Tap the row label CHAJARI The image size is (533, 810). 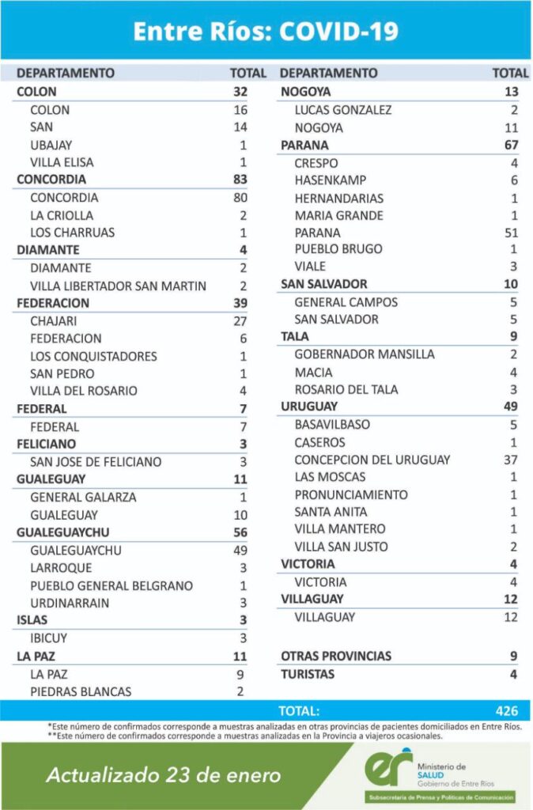click(x=55, y=320)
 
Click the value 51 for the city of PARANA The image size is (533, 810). click(x=510, y=233)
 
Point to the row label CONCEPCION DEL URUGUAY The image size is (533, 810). click(x=372, y=460)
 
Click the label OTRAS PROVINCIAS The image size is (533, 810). click(x=336, y=656)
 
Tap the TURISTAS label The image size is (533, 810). click(x=308, y=674)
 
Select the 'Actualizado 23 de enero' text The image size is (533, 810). click(x=164, y=775)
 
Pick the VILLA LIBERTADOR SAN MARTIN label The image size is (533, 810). click(x=116, y=286)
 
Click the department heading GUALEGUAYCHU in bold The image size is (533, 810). click(x=62, y=532)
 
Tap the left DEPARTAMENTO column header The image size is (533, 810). click(x=66, y=73)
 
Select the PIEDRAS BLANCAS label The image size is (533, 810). click(x=81, y=691)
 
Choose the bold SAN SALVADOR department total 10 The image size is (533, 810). click(x=510, y=284)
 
